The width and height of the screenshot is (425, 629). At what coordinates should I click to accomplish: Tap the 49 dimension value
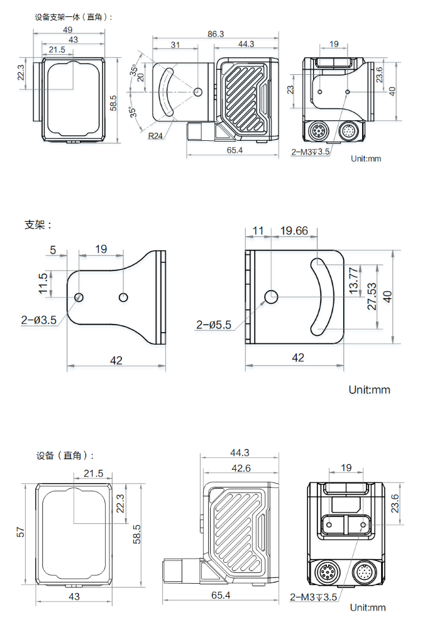click(67, 30)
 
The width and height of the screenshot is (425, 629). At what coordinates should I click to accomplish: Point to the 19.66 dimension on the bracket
click(294, 231)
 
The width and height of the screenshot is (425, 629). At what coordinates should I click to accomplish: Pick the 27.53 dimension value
click(372, 296)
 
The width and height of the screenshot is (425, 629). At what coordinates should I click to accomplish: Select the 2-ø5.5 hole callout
click(214, 325)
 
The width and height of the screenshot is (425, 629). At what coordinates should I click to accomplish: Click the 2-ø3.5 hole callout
click(39, 320)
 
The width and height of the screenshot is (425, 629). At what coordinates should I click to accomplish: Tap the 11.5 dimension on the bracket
click(43, 284)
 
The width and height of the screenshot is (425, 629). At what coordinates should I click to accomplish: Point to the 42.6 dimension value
click(240, 468)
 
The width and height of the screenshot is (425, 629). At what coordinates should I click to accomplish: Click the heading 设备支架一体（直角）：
click(74, 17)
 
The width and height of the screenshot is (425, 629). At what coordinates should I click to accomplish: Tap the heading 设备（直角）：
click(65, 455)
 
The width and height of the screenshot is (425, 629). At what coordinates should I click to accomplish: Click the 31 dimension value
click(175, 44)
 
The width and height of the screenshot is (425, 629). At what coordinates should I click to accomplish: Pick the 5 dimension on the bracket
click(53, 250)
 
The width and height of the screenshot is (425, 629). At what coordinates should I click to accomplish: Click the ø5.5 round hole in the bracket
click(272, 296)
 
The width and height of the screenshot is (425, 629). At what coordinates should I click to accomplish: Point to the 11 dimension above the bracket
click(258, 231)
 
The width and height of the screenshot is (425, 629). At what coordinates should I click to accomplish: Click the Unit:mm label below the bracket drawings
click(369, 390)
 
